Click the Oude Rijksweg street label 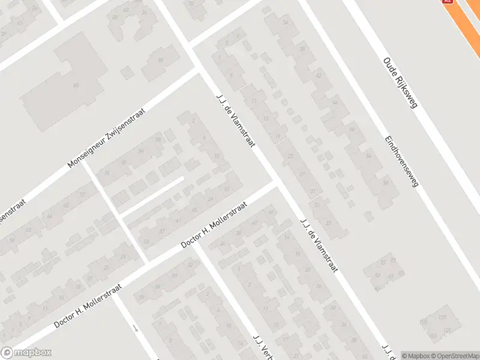(400, 83)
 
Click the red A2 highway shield (447, 2)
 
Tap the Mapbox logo (26, 353)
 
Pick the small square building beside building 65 (126, 73)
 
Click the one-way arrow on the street (136, 328)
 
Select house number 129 (443, 317)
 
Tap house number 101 (424, 322)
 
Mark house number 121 (446, 331)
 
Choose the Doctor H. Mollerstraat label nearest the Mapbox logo (88, 305)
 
